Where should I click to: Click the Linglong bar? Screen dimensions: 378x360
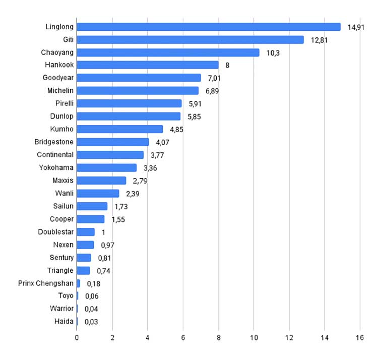click(x=209, y=27)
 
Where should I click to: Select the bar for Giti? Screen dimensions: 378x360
click(x=190, y=40)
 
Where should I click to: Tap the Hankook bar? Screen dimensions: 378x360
click(x=148, y=65)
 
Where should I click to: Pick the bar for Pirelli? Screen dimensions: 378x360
click(x=129, y=103)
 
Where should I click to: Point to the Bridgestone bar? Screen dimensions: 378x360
click(x=113, y=142)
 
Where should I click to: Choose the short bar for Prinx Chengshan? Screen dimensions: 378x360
click(x=78, y=283)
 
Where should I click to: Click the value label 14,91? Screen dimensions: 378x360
click(x=356, y=28)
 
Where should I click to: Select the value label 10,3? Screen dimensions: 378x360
click(x=273, y=53)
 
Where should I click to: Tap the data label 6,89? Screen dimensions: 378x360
click(x=212, y=91)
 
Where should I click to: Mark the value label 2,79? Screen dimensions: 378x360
click(x=140, y=181)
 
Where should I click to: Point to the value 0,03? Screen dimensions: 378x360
click(x=91, y=322)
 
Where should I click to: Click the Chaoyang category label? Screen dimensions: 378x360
click(x=57, y=52)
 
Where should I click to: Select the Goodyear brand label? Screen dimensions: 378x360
click(x=58, y=78)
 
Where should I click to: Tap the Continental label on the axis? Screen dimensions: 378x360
click(x=55, y=155)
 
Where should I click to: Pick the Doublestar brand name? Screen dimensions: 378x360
click(x=55, y=232)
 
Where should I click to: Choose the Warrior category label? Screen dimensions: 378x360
click(x=61, y=309)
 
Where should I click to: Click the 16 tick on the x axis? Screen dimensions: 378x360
click(x=360, y=338)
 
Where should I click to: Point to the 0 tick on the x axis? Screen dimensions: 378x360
click(x=77, y=338)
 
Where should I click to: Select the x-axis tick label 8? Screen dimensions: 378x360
click(x=219, y=338)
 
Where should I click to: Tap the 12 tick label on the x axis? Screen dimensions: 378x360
click(x=289, y=338)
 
